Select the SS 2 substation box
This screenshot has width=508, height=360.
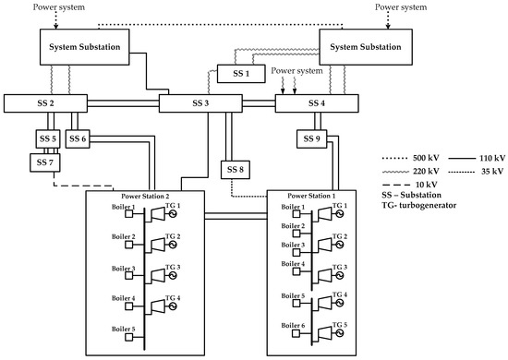click(45, 102)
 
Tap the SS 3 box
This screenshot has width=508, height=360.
click(200, 102)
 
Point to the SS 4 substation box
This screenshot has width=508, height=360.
click(315, 102)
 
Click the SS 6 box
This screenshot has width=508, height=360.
click(79, 139)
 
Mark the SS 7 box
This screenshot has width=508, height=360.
click(43, 162)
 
